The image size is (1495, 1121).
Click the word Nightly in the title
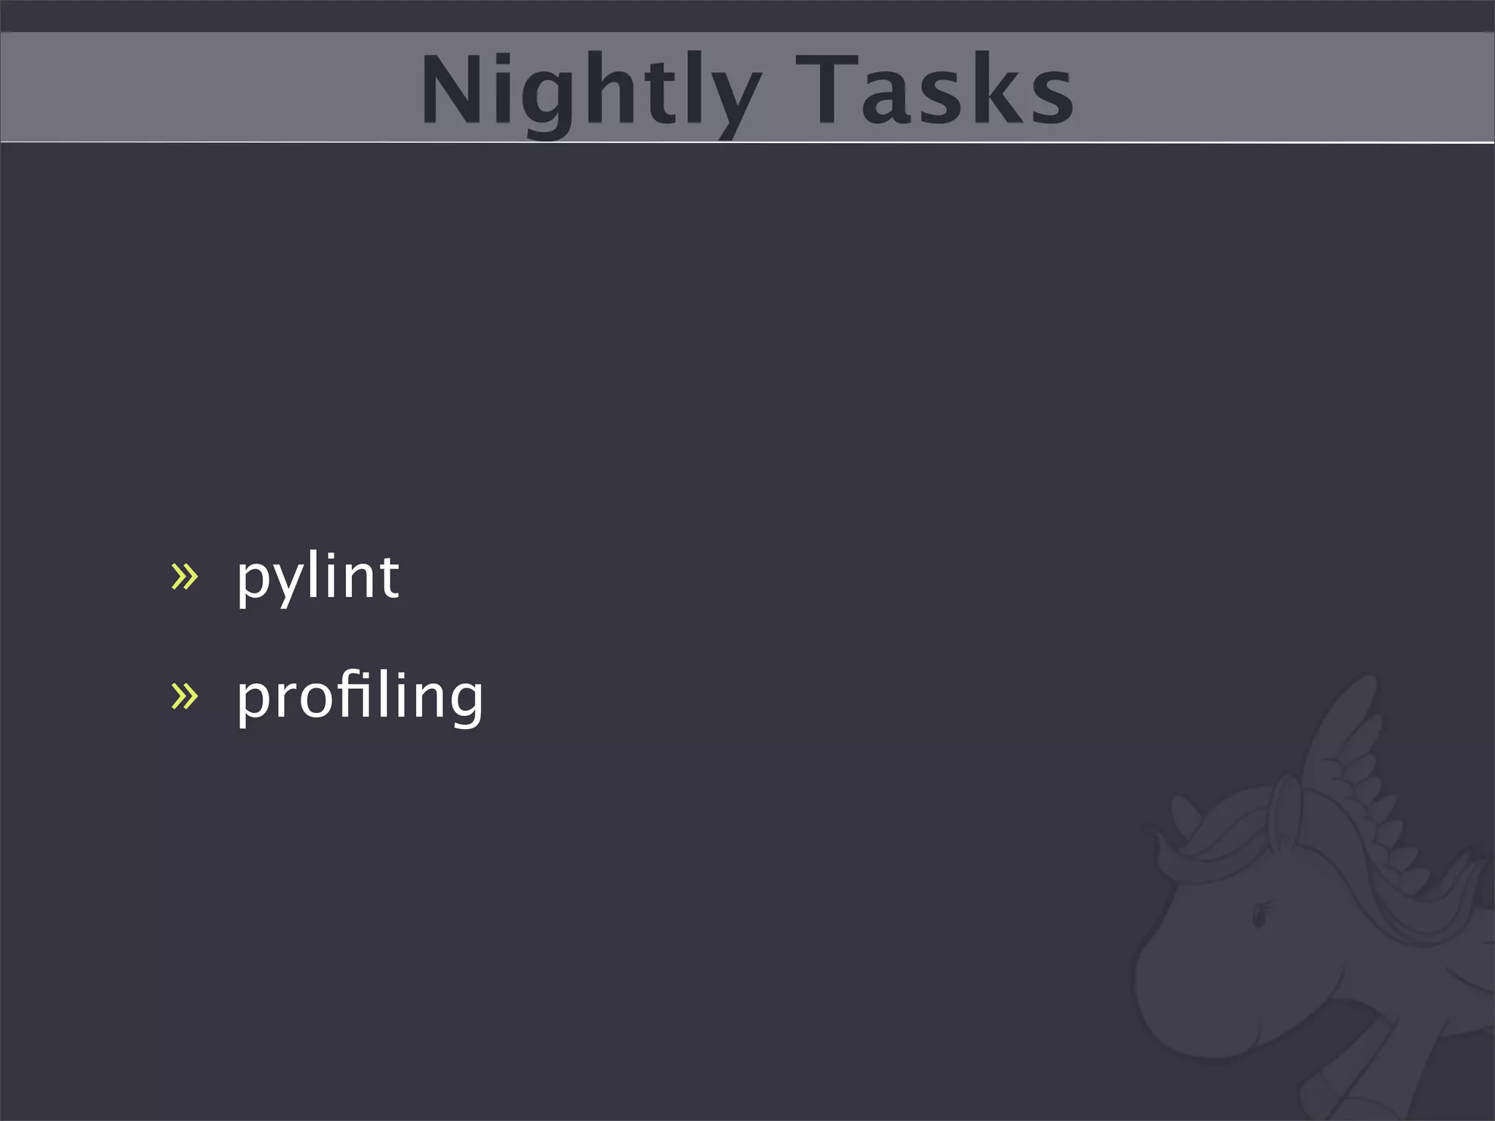point(591,91)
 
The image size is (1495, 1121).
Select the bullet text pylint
point(318,577)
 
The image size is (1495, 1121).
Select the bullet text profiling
point(360,697)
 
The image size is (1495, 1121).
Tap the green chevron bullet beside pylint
point(185,577)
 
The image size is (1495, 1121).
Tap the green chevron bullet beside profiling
point(185,696)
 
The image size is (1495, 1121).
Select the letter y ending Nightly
point(734,99)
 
